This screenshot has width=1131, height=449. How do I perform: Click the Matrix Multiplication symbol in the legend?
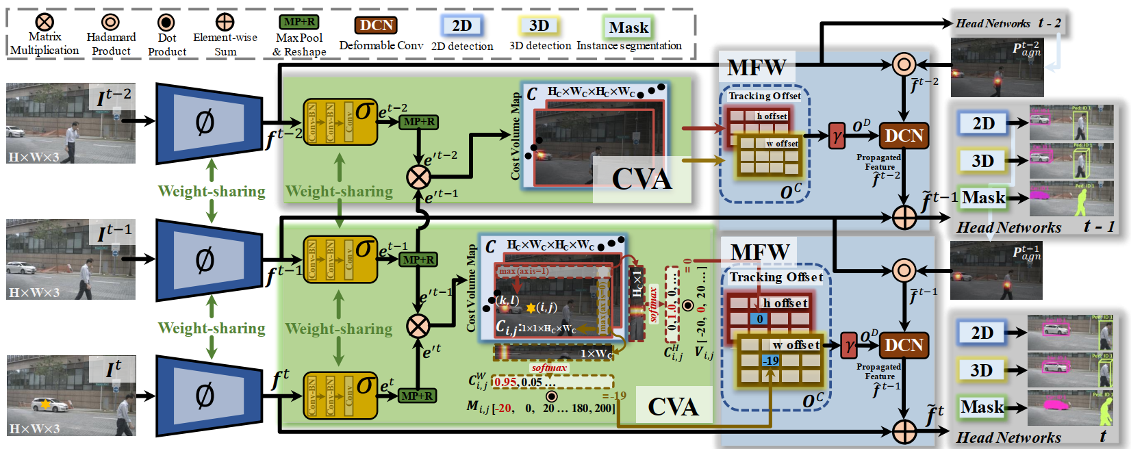[45, 23]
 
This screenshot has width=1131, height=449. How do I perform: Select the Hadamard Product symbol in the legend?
[110, 23]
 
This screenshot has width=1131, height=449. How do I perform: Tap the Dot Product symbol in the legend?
[166, 23]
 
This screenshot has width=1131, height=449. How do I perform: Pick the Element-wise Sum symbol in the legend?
[225, 23]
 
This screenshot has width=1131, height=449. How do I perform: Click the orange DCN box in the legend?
[376, 25]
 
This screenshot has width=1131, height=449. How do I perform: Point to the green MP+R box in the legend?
[299, 22]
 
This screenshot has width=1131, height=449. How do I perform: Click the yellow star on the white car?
[45, 405]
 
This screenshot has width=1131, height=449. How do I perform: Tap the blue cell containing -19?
[772, 361]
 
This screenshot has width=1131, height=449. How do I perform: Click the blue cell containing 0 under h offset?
[759, 319]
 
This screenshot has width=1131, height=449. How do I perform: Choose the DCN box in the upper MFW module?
[904, 136]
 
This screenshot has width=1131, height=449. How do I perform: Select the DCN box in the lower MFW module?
[904, 345]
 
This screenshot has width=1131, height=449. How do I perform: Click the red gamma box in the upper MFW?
[837, 136]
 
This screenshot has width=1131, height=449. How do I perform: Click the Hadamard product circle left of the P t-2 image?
[904, 65]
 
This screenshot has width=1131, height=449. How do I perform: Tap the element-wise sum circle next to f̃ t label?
[904, 431]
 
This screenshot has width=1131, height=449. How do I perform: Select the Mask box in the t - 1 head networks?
[983, 198]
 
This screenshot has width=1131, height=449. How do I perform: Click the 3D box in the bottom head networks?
[981, 370]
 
